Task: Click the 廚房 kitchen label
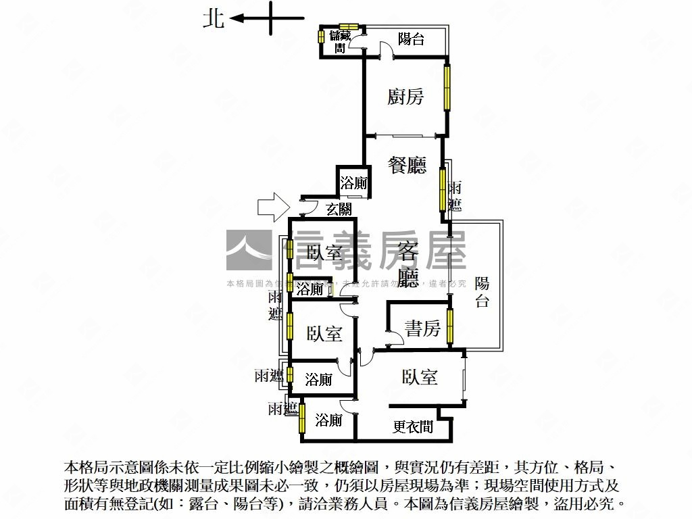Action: (x=405, y=97)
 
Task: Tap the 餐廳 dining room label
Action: (x=407, y=165)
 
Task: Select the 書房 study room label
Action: (x=422, y=328)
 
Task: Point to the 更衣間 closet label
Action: (x=413, y=427)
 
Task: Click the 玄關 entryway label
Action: (x=339, y=209)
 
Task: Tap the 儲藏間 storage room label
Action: (x=341, y=41)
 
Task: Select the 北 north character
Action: (x=214, y=19)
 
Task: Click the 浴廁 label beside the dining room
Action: (x=353, y=182)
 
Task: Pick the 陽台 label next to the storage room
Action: (x=411, y=39)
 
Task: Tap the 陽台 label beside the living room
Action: (x=482, y=292)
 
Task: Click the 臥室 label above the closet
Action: (x=419, y=377)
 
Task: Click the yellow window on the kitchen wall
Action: (x=447, y=87)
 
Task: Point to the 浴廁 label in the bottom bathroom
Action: (x=328, y=420)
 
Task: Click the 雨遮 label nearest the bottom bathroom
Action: (x=282, y=409)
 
